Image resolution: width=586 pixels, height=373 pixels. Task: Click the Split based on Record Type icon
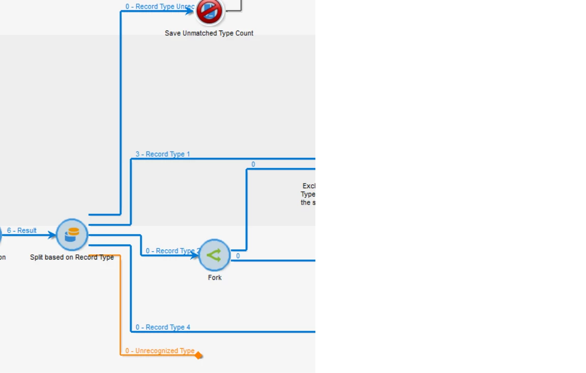click(x=72, y=235)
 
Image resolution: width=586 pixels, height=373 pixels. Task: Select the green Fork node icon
click(x=214, y=255)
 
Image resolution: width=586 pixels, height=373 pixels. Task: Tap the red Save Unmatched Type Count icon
click(x=210, y=11)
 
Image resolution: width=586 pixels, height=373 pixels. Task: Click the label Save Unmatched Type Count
click(x=209, y=33)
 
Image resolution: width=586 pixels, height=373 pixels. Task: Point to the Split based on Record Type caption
click(x=72, y=257)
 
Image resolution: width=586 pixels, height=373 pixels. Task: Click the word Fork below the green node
click(x=215, y=278)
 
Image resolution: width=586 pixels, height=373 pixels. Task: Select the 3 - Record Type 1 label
click(x=163, y=154)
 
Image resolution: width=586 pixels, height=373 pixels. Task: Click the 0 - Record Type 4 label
click(x=163, y=327)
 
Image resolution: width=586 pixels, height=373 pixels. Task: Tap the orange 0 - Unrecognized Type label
click(x=160, y=351)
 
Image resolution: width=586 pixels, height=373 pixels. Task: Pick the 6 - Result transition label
click(x=22, y=231)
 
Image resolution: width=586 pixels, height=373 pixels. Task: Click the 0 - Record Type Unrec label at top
click(x=160, y=7)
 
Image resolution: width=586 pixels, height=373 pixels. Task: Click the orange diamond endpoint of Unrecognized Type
click(x=198, y=356)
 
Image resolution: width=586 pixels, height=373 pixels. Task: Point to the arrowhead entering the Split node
click(x=52, y=235)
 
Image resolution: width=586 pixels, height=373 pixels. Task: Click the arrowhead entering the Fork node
click(x=194, y=255)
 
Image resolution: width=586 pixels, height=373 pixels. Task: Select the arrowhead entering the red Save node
click(x=191, y=11)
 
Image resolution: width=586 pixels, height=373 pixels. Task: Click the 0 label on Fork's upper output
click(x=253, y=164)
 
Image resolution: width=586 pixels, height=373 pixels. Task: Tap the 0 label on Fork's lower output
click(x=238, y=256)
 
